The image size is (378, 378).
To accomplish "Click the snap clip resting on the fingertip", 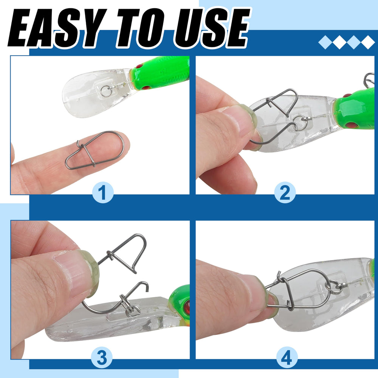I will pyautogui.click(x=94, y=150).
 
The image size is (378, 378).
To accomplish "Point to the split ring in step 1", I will pyautogui.click(x=106, y=90).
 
